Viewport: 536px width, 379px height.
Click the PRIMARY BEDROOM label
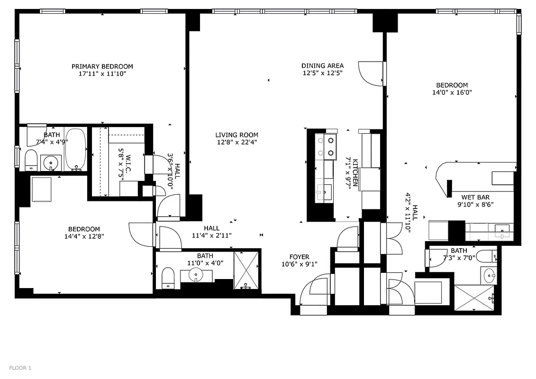[102, 66]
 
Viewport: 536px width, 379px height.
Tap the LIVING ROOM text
[237, 135]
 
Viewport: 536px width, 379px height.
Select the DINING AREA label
[323, 66]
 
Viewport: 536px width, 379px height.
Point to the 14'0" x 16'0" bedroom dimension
[452, 93]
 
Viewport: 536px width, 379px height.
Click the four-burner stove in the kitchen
[326, 146]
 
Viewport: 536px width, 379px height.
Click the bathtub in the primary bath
[75, 149]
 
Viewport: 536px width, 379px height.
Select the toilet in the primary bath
[31, 160]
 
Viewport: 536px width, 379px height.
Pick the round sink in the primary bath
[50, 163]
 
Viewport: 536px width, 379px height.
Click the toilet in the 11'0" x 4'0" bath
[168, 278]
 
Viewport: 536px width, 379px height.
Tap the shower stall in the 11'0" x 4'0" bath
[246, 270]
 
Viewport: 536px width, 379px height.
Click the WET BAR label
[475, 197]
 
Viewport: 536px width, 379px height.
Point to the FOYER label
[300, 257]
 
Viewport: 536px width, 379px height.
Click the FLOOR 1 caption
[20, 368]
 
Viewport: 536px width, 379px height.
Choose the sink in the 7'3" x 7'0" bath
[489, 274]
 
